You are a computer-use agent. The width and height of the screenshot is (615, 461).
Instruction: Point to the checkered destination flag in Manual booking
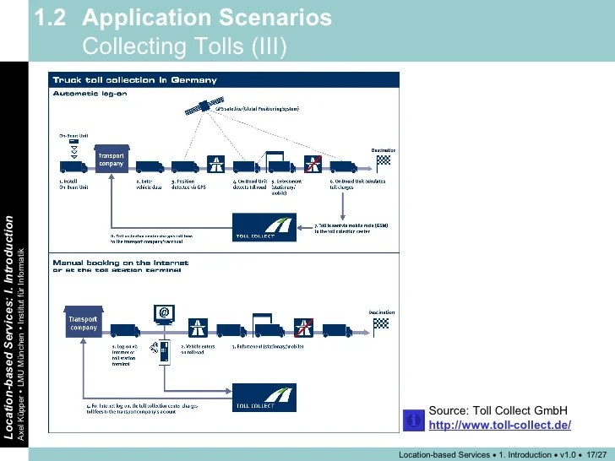(382, 323)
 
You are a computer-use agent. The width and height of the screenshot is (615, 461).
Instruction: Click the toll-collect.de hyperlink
(499, 425)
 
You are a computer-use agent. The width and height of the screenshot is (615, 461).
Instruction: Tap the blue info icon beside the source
(414, 418)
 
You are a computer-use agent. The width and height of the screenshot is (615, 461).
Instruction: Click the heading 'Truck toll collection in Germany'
(135, 80)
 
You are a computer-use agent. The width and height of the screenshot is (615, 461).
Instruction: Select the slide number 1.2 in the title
(52, 19)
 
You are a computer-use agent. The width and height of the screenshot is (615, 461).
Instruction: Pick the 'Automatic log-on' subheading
(90, 94)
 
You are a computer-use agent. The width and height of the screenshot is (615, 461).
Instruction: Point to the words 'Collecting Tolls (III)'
(185, 46)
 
